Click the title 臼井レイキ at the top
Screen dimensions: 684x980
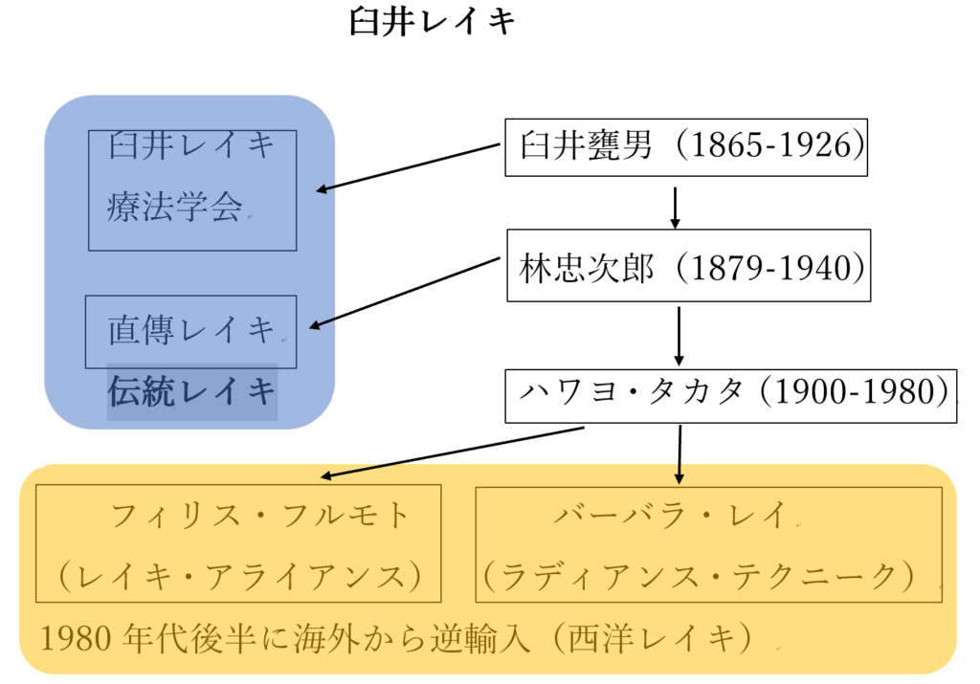pyautogui.click(x=433, y=22)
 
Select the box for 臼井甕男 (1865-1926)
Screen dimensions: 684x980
pyautogui.click(x=685, y=147)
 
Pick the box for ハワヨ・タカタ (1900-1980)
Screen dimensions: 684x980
pyautogui.click(x=730, y=393)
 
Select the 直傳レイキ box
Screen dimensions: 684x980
pyautogui.click(x=190, y=332)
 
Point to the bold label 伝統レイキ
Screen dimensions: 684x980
pyautogui.click(x=191, y=392)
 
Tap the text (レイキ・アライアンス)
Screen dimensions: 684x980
pyautogui.click(x=238, y=576)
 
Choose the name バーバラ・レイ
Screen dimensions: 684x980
pyautogui.click(x=669, y=517)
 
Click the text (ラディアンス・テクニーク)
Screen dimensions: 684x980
pyautogui.click(x=709, y=576)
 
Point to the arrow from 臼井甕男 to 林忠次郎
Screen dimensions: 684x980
pyautogui.click(x=676, y=207)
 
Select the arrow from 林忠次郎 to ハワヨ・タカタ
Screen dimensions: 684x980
pyautogui.click(x=679, y=336)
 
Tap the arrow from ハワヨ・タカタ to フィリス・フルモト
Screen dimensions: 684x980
pyautogui.click(x=450, y=453)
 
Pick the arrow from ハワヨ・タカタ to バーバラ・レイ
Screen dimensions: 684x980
pyautogui.click(x=679, y=453)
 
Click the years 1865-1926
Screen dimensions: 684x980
pyautogui.click(x=770, y=147)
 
